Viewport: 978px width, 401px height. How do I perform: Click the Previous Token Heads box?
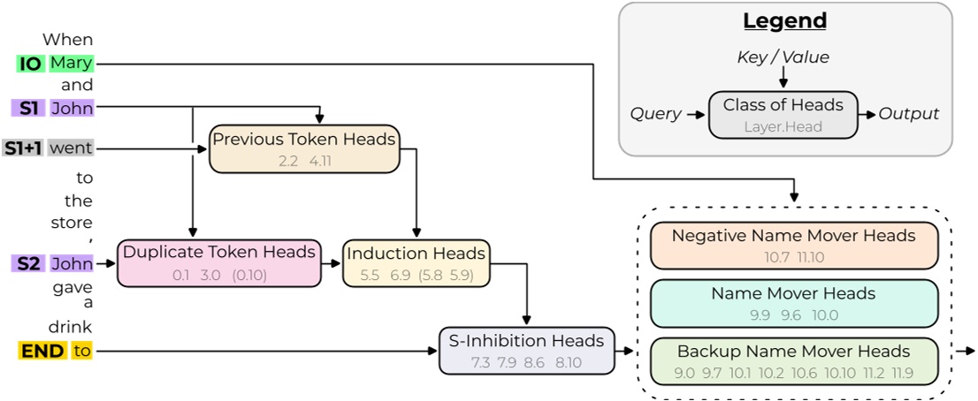point(304,148)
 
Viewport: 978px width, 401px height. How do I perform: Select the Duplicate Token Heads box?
point(218,262)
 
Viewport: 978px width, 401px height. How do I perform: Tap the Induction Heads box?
point(416,262)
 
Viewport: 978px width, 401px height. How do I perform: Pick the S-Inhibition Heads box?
point(527,350)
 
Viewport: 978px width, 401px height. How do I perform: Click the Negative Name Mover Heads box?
point(793,246)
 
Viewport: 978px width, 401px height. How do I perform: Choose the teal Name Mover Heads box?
point(793,303)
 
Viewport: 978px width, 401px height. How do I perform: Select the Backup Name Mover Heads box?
point(793,360)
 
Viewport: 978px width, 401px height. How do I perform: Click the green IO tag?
point(30,64)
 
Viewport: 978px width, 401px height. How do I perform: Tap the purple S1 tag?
point(30,109)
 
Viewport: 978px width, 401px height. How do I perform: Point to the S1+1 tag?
point(23,148)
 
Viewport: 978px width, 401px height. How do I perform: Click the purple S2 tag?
point(30,262)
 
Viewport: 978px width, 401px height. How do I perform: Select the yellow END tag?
point(42,351)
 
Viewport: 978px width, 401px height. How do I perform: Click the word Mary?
point(71,64)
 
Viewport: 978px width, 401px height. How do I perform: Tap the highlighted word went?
point(71,148)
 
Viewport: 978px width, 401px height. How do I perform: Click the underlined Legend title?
point(784,21)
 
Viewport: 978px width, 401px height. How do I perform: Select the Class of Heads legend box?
point(783,114)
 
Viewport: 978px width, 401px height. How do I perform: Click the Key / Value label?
point(783,57)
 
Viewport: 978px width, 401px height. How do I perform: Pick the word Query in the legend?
point(655,114)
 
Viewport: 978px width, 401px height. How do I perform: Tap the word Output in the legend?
point(908,114)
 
